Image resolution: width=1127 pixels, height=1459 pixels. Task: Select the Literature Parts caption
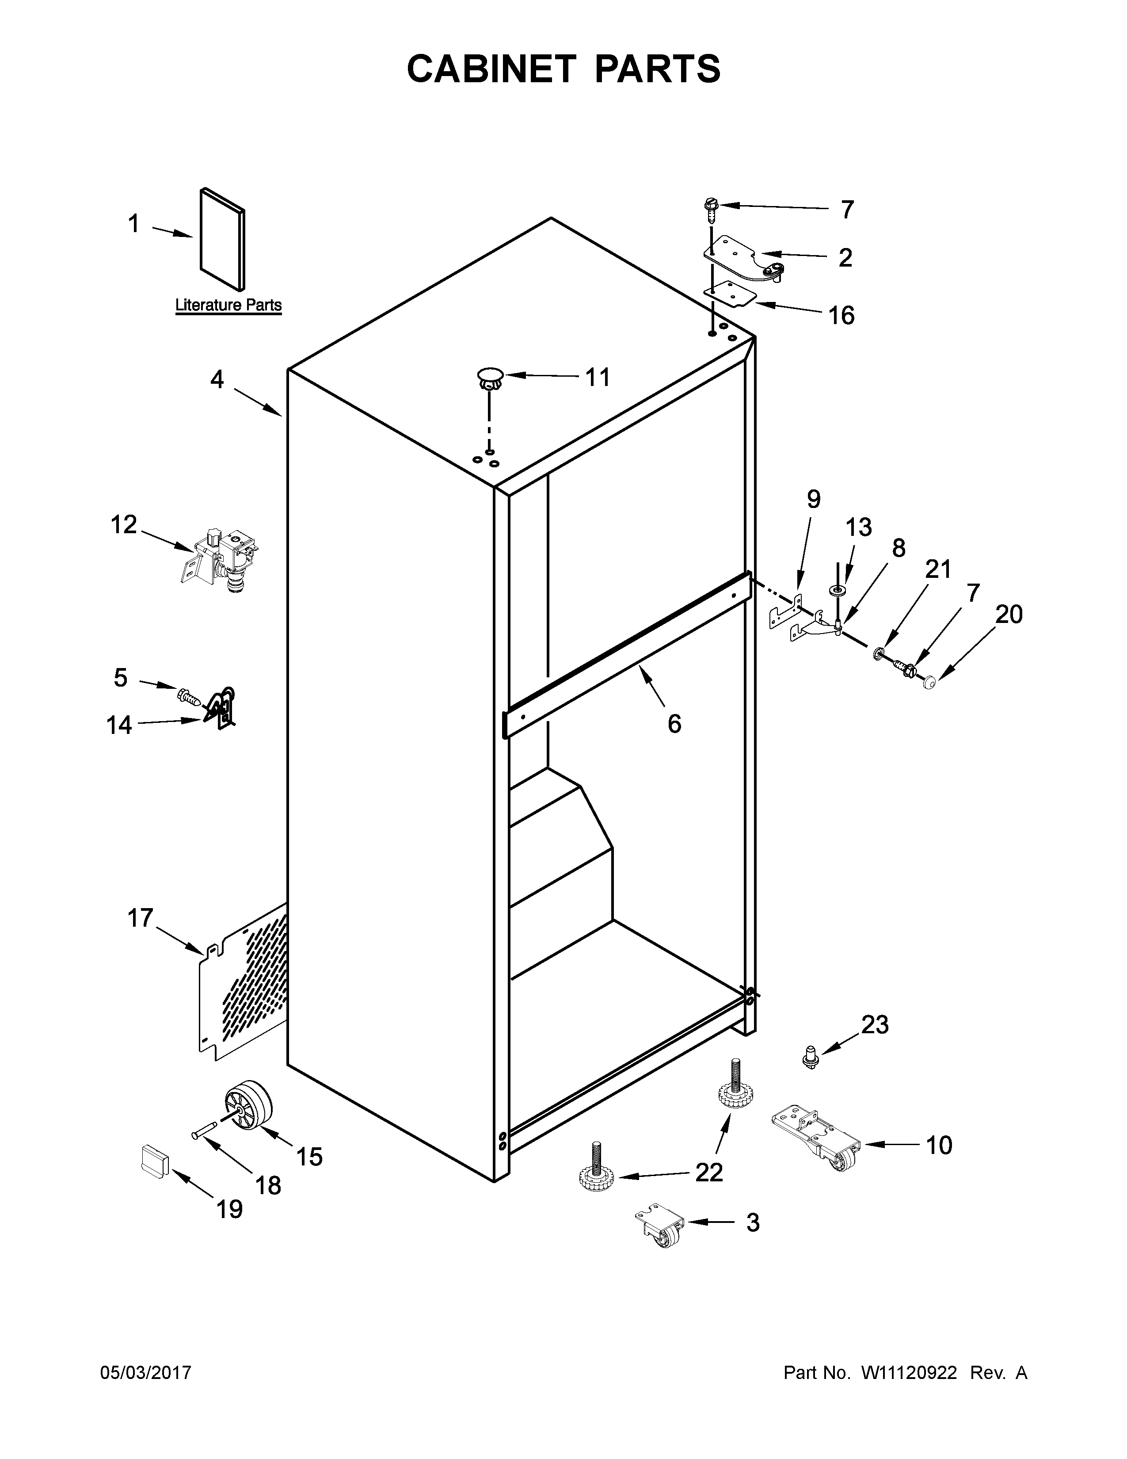point(228,306)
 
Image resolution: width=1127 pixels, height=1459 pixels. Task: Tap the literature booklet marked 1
point(222,240)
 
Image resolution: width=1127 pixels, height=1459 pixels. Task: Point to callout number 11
point(598,378)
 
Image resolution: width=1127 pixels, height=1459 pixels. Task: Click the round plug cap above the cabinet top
point(490,378)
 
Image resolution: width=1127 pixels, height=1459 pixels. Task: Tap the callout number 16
point(841,315)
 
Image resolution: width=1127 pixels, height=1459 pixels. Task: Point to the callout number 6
point(674,723)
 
